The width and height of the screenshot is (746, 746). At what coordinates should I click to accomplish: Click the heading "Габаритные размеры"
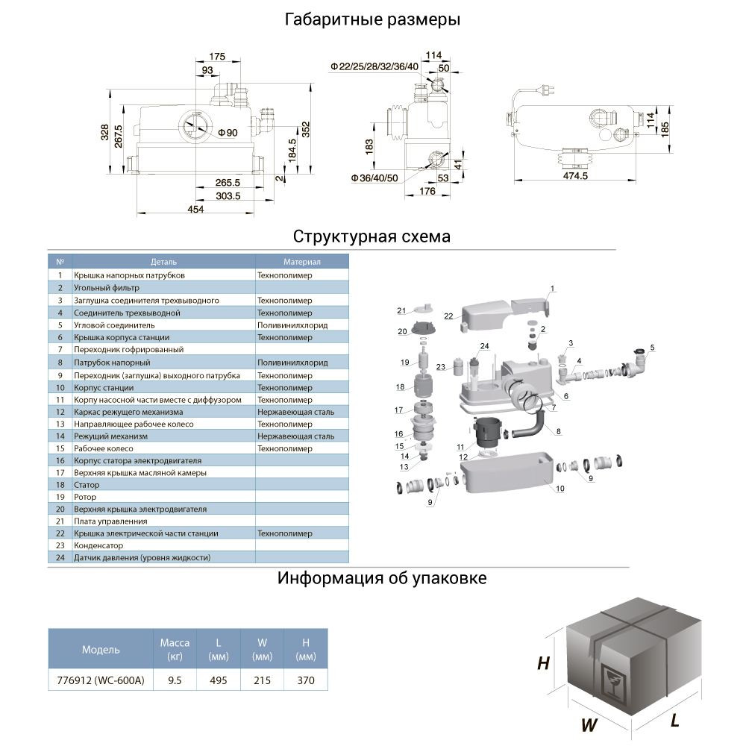372,20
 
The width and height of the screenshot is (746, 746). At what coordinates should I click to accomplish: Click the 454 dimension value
195,210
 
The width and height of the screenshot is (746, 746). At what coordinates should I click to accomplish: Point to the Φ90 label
228,133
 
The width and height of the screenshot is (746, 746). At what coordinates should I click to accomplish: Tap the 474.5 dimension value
576,176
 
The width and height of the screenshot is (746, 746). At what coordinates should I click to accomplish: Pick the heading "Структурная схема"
372,236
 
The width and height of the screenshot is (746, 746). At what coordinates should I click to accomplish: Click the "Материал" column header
301,263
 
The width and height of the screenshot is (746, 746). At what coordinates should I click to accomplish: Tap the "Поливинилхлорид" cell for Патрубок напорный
292,362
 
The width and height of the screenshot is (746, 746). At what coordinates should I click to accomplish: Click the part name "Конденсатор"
98,545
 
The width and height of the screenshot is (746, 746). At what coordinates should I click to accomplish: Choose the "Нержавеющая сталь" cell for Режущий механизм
295,436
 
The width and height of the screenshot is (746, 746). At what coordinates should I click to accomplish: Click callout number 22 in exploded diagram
448,316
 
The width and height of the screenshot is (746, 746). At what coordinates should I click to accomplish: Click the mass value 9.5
175,680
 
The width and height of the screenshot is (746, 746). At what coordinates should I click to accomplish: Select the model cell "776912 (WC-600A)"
101,680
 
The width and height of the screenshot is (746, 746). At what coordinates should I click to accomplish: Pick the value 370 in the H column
306,680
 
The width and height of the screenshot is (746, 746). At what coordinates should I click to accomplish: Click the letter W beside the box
589,724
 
